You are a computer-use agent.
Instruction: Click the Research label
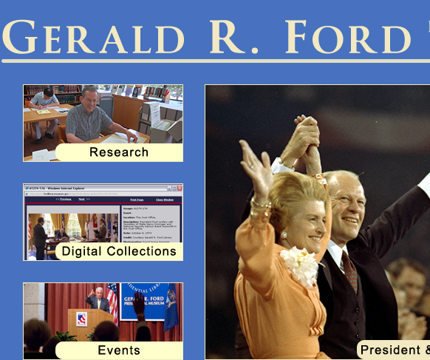[x=119, y=152]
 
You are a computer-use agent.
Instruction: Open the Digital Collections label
[x=119, y=251]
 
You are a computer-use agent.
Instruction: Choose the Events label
[x=119, y=350]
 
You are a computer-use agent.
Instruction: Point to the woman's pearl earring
[x=284, y=235]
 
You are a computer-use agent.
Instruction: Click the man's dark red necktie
[x=349, y=270]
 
